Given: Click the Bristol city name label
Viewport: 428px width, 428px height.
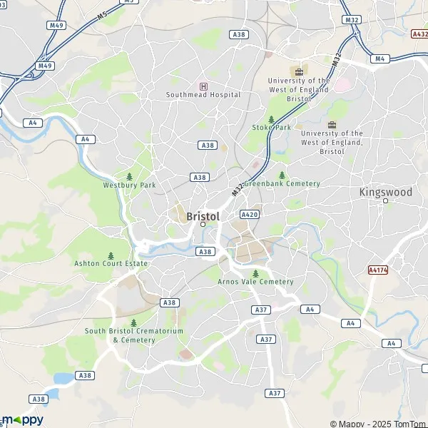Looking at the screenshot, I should tap(203, 215).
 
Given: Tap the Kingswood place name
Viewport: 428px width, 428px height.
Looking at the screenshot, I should tap(385, 192).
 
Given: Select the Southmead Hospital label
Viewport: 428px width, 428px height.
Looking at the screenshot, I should tap(203, 94).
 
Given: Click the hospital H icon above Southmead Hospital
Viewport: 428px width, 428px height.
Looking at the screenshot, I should tap(203, 86).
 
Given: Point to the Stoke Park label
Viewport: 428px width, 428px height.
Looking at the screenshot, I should tap(271, 128).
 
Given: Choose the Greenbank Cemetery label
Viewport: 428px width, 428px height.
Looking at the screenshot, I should tap(282, 183).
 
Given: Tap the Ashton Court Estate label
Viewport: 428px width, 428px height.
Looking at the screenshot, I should tap(111, 263).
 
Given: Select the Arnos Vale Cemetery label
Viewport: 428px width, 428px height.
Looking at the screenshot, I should tap(255, 282).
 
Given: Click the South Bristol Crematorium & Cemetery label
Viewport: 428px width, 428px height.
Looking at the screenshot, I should tap(134, 335).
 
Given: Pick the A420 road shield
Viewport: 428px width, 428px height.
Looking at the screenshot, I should tap(249, 214).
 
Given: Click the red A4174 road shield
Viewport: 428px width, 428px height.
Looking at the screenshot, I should tap(377, 270).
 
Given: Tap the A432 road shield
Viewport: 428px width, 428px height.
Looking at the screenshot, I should tap(419, 33).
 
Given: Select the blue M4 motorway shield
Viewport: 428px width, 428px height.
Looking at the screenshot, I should tap(379, 58).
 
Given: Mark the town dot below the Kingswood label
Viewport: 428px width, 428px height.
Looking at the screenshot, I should tap(385, 200).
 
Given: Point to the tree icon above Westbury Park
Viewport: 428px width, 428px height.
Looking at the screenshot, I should tap(128, 176).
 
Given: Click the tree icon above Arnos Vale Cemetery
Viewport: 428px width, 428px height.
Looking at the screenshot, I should tap(255, 273).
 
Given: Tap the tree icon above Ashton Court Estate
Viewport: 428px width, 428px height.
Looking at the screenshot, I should tap(111, 255).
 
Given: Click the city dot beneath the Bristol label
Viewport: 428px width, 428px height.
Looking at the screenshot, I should tap(203, 224).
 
